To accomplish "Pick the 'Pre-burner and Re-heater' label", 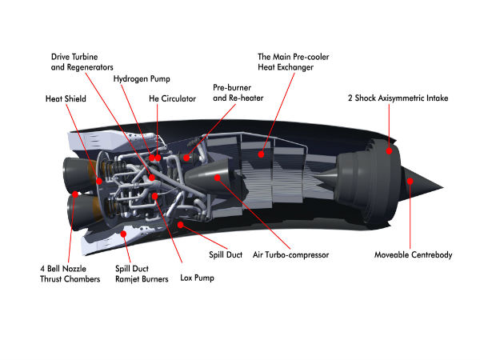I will point(238,91).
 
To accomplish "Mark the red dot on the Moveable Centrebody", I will point(410,181).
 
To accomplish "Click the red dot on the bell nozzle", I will point(74,194).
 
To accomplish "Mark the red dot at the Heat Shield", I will point(99,181).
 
